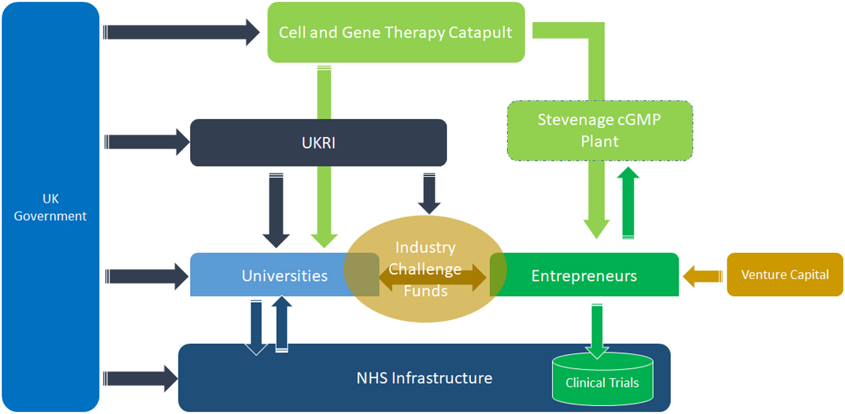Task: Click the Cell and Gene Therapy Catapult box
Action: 396,32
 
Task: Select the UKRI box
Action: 318,143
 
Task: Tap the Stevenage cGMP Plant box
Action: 599,130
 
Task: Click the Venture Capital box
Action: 784,275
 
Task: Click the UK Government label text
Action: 50,208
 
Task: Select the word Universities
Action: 284,275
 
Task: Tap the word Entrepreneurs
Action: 584,275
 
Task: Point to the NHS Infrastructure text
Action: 424,378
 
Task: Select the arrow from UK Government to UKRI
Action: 146,142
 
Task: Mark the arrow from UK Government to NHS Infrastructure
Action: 140,378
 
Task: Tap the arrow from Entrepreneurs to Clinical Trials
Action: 597,330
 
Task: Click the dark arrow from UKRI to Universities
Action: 276,209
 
